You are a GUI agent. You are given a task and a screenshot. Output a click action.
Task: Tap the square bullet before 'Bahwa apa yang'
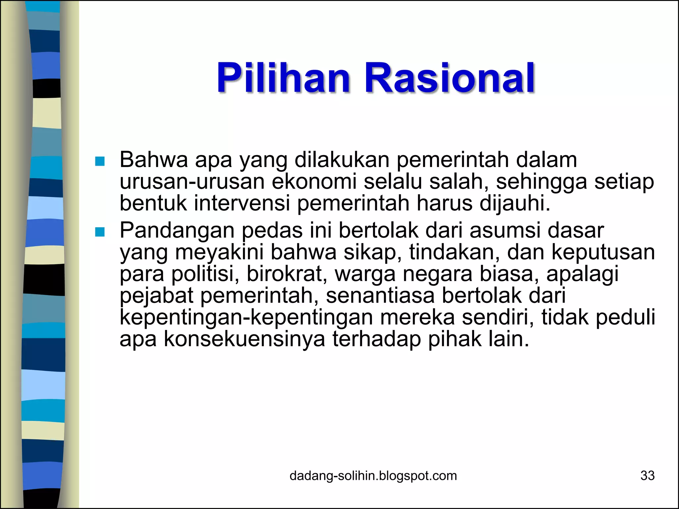tap(99, 161)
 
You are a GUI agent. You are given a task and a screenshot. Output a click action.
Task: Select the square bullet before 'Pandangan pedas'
tap(99, 232)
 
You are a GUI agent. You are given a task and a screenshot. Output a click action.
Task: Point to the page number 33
tap(648, 476)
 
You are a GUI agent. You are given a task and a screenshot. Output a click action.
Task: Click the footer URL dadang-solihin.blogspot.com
tap(373, 476)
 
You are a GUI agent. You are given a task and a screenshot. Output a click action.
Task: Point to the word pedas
tap(272, 230)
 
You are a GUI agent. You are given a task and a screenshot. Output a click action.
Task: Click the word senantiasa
tap(380, 296)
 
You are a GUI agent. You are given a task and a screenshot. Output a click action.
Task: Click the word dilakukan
tap(342, 160)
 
